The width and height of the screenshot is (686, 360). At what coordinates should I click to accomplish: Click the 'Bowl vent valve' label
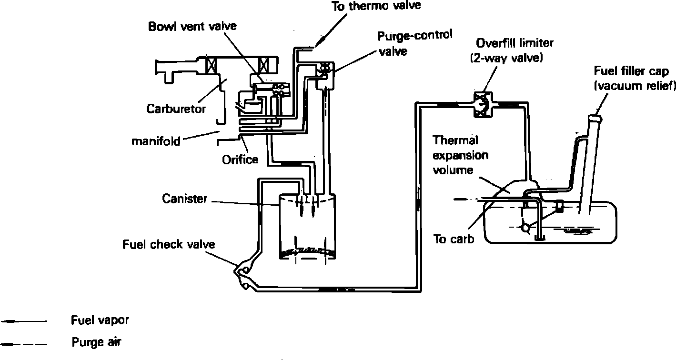tap(192, 26)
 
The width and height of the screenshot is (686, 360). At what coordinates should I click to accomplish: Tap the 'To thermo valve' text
tap(376, 6)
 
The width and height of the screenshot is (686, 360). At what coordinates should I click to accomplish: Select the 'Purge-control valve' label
tap(415, 43)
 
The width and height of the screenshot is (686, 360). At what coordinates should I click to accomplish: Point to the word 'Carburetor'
tap(176, 109)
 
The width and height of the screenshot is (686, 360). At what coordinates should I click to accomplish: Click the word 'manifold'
tap(156, 141)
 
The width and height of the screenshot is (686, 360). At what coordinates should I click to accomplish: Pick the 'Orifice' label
tap(240, 160)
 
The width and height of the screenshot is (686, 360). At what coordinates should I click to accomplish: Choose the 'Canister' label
tap(185, 199)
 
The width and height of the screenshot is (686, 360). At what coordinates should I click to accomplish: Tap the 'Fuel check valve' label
tap(169, 244)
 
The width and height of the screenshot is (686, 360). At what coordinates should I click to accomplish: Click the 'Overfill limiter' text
tap(515, 43)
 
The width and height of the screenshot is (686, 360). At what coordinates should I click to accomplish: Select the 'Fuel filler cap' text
tap(631, 71)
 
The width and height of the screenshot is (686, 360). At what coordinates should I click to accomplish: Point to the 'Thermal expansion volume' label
tap(460, 155)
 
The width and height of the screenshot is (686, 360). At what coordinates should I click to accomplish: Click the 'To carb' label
tap(454, 239)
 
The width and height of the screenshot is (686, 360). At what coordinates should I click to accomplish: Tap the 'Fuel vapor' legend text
tap(100, 320)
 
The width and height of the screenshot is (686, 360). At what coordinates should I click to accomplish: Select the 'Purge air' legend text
tap(96, 342)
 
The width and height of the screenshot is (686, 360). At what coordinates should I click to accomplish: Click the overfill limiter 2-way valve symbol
tap(483, 105)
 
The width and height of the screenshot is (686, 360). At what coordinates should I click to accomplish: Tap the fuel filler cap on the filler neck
tap(595, 118)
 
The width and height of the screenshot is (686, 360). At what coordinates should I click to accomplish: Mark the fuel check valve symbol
tap(243, 275)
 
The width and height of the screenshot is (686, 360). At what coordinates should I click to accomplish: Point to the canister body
tap(307, 227)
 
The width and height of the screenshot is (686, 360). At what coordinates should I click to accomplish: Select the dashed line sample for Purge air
tap(24, 344)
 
